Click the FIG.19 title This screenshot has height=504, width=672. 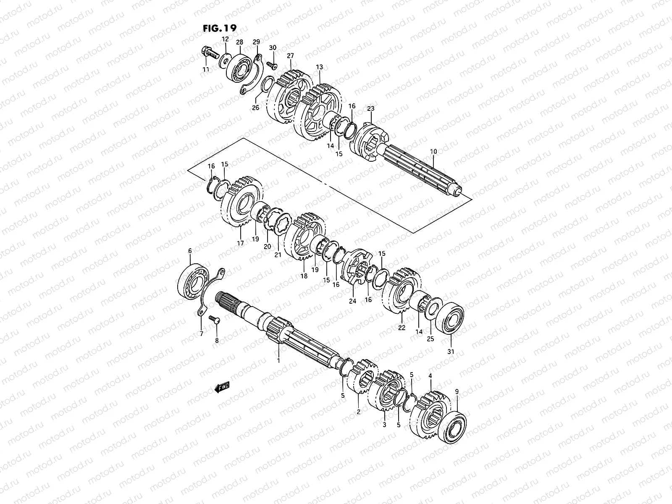tap(219, 28)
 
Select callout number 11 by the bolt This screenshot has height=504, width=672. tap(205, 69)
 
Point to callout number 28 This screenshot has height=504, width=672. tap(239, 42)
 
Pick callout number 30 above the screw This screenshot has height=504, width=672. tap(273, 47)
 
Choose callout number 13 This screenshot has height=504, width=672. tap(320, 67)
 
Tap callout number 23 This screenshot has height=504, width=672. tap(370, 108)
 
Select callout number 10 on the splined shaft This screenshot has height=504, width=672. tap(433, 151)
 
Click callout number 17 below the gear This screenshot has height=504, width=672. tap(240, 243)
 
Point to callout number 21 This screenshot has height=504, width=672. tap(278, 255)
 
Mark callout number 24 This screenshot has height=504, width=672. tap(352, 301)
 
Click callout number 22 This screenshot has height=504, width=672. tap(402, 328)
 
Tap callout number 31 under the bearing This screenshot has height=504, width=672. tap(451, 352)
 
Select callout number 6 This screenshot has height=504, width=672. tap(190, 251)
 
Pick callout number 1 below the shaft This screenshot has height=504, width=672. tap(278, 360)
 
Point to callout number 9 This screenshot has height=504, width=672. tap(457, 391)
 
